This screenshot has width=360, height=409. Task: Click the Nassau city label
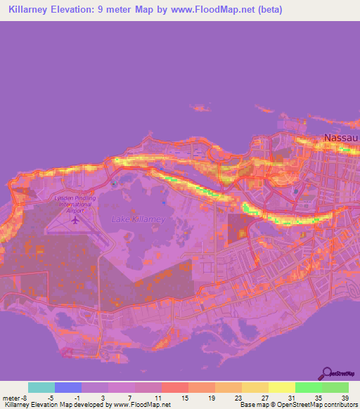click(341, 138)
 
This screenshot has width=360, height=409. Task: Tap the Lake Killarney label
click(138, 219)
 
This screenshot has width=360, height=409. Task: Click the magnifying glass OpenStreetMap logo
click(326, 374)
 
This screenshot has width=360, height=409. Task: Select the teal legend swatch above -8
click(41, 387)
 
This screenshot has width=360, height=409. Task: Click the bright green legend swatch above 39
click(335, 387)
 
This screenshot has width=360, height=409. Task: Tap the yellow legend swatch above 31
click(281, 387)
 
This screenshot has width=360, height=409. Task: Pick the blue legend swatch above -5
click(68, 387)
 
